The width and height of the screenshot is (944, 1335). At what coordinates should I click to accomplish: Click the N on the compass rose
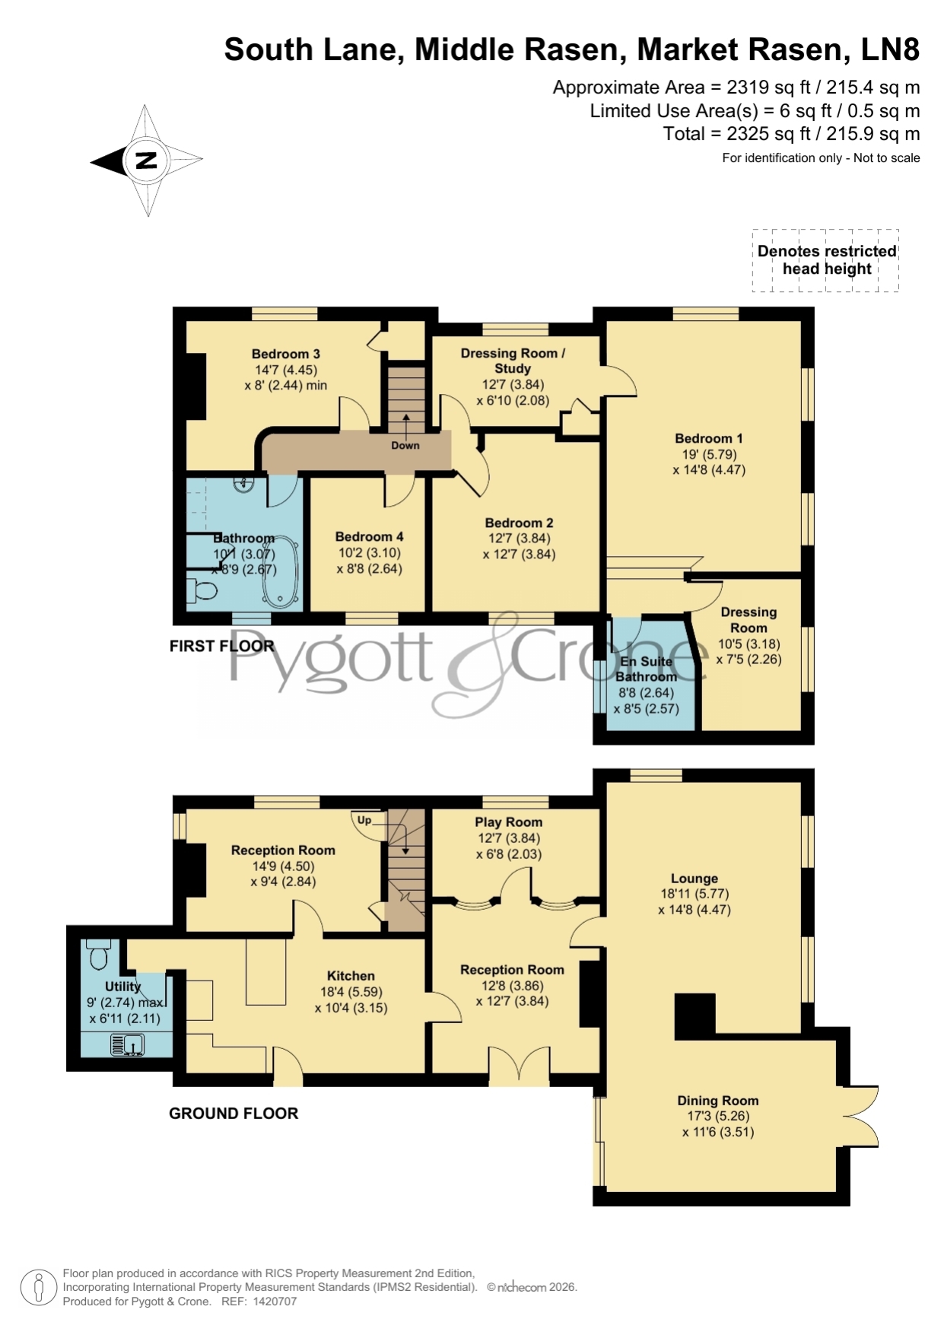click(x=146, y=161)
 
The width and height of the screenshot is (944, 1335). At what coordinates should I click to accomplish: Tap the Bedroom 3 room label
click(x=286, y=354)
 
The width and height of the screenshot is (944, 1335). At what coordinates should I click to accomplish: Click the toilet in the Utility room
click(x=99, y=954)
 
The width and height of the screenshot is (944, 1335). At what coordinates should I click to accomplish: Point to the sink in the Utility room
click(x=127, y=1046)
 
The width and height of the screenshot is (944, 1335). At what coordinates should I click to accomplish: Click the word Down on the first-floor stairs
click(x=405, y=446)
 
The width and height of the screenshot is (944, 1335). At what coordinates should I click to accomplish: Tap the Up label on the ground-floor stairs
click(x=364, y=820)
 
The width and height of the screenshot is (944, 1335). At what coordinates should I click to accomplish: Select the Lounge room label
click(x=694, y=878)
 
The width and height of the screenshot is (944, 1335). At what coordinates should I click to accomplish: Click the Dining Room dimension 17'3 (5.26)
click(x=718, y=1116)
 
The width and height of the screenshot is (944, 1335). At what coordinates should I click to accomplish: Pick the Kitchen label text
click(x=351, y=976)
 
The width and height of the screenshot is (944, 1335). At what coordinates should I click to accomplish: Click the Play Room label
click(x=509, y=822)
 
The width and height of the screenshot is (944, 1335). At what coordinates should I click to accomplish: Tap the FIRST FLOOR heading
click(x=221, y=646)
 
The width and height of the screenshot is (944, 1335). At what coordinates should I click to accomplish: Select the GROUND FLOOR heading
click(x=234, y=1114)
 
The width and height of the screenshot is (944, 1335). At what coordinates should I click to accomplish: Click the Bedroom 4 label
click(x=370, y=537)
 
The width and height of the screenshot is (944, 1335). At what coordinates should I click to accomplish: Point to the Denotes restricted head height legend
click(x=827, y=260)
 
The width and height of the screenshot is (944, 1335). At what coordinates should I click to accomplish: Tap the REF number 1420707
click(x=275, y=1302)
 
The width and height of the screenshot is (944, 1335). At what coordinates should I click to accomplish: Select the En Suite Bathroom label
click(x=647, y=669)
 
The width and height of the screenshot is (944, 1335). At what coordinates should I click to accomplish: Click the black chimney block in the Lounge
click(x=695, y=1016)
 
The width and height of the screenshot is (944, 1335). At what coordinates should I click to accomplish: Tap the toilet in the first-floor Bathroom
click(x=202, y=590)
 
